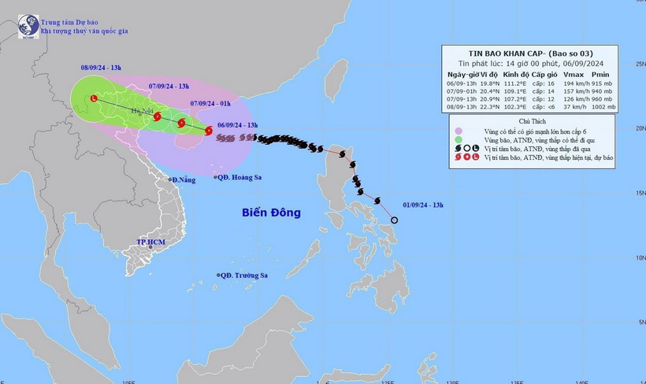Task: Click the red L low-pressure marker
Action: coord(95,98)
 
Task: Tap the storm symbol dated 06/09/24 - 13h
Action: coord(208,131)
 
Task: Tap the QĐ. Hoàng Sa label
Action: coord(240,178)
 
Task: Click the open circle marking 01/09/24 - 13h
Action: coord(395,220)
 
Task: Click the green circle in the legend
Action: coord(458,139)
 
